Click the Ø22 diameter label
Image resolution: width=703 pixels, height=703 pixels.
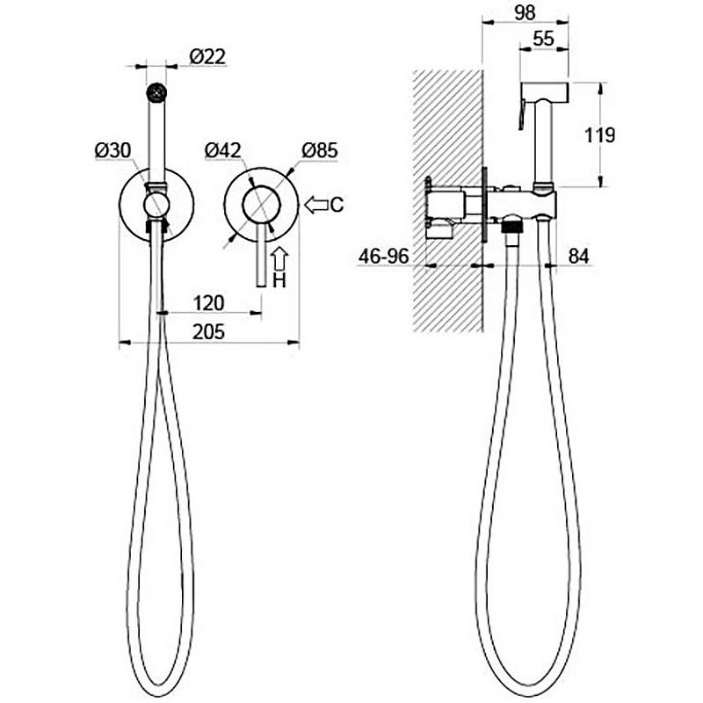(207, 57)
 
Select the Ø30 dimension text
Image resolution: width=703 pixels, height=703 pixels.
(112, 150)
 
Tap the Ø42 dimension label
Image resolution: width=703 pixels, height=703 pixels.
(223, 150)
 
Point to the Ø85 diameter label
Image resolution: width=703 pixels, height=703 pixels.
(320, 150)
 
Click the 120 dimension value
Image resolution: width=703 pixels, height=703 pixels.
(209, 303)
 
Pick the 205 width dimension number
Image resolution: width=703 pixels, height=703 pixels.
(209, 332)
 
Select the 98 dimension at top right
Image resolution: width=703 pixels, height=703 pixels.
(525, 12)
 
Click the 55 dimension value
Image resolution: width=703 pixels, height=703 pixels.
(544, 39)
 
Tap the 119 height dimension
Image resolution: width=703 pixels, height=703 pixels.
(600, 135)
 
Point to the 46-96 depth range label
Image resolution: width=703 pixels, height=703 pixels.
(384, 257)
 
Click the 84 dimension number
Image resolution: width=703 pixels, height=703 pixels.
(578, 257)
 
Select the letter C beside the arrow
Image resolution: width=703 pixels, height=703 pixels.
(337, 205)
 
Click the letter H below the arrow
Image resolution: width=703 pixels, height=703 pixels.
(279, 280)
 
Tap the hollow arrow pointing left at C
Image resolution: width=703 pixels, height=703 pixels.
(316, 205)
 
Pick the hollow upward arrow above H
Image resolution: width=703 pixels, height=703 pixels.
(279, 259)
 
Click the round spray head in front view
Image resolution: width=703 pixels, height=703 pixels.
(156, 93)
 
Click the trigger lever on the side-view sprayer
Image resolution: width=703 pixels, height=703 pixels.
(522, 114)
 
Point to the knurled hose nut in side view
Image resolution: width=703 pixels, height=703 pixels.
(512, 226)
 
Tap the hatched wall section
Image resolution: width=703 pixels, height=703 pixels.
(447, 201)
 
